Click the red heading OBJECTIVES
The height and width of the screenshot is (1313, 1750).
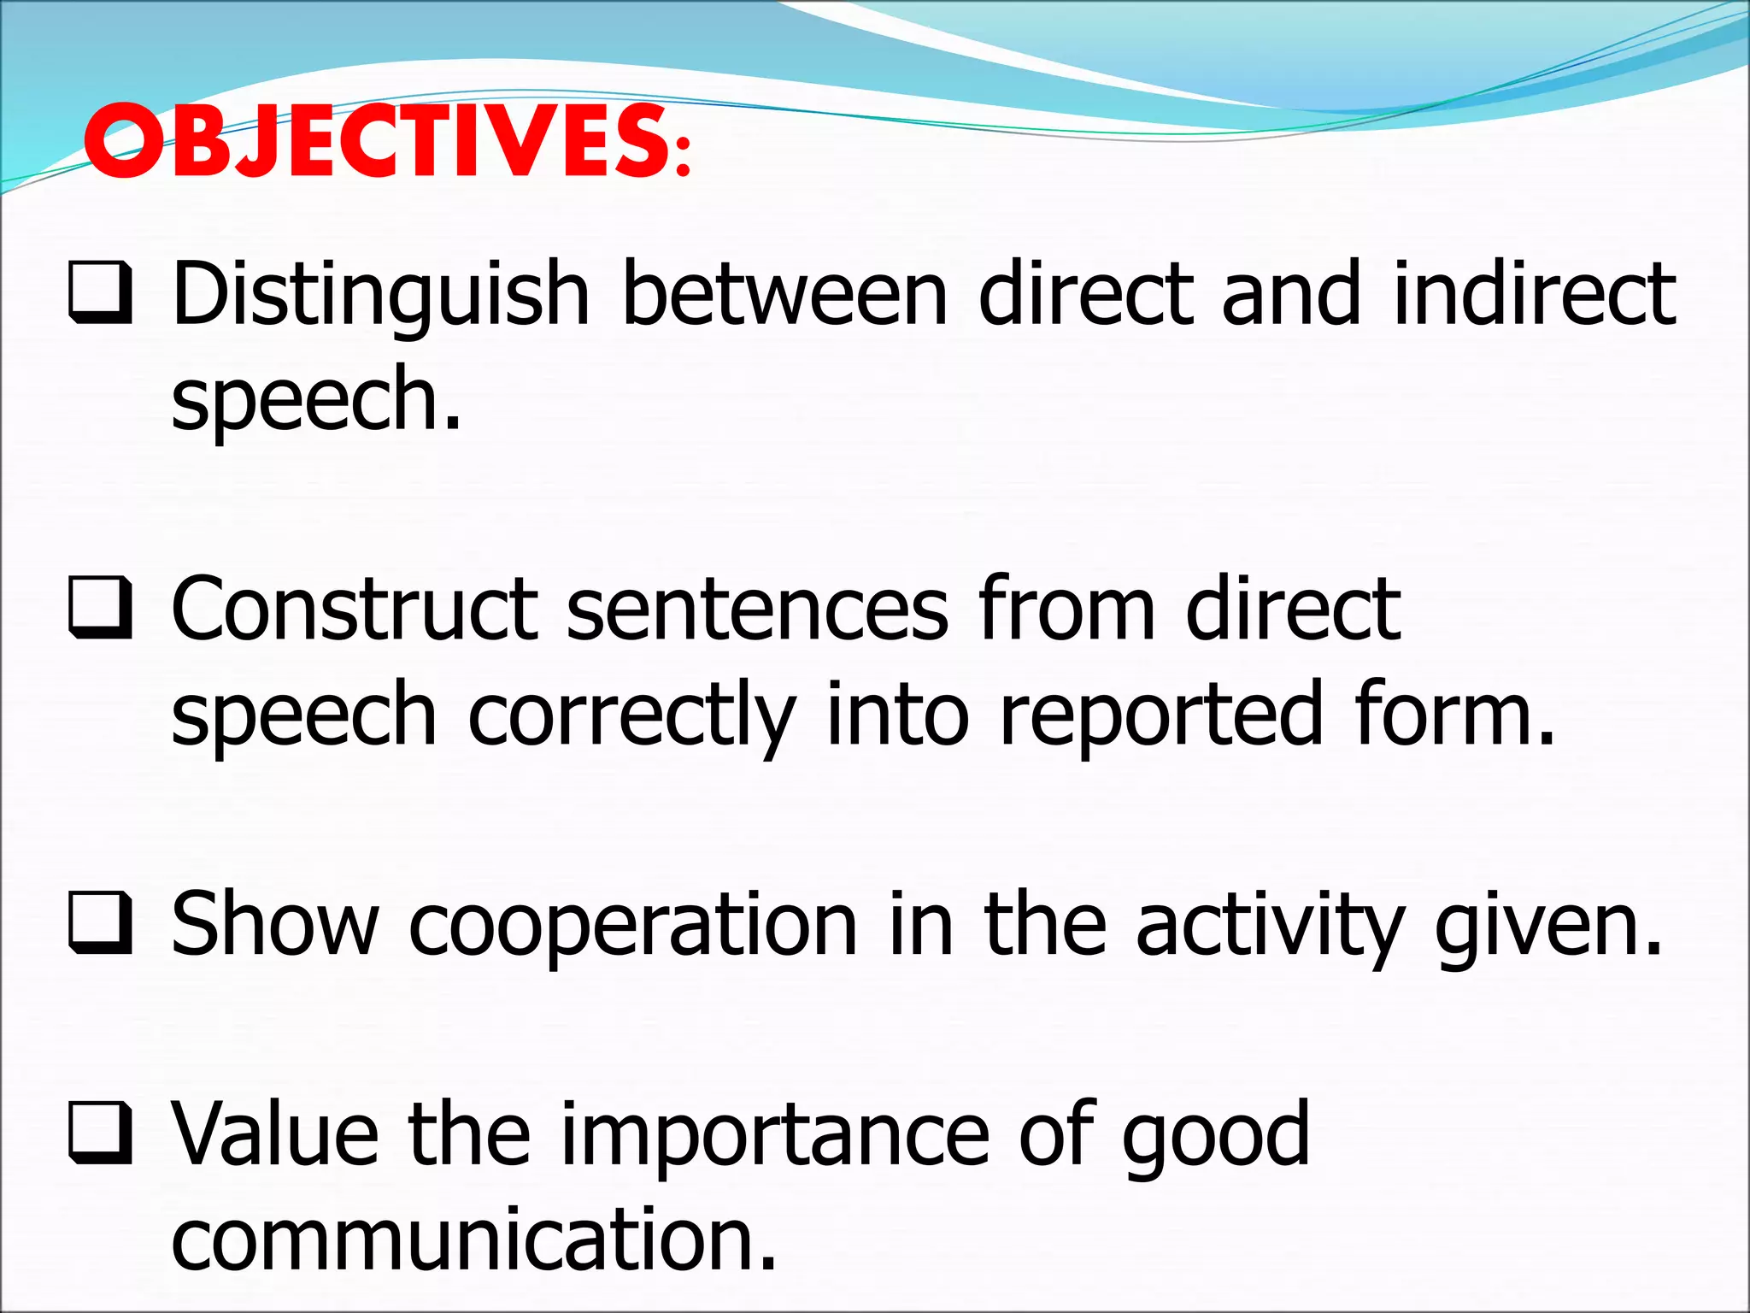[376, 141]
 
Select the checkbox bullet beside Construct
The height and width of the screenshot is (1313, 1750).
[100, 609]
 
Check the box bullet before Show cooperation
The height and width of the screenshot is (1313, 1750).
[100, 923]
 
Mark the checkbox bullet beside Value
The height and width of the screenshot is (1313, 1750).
[100, 1133]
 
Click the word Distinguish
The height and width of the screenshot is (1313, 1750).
[380, 295]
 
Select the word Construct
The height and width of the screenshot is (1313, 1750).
[354, 609]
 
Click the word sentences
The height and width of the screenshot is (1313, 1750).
[756, 609]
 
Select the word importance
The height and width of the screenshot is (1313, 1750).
[773, 1135]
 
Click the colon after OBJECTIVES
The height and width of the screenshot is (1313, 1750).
[682, 159]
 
